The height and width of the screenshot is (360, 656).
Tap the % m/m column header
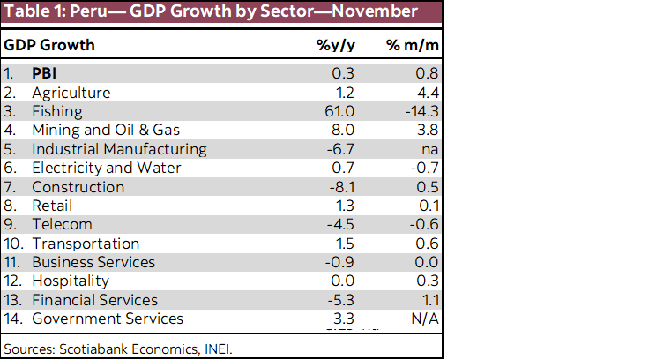[412, 45]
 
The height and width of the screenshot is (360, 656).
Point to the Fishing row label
[56, 111]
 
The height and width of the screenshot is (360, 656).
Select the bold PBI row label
[44, 73]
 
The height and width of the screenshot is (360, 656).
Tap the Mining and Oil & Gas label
[100, 130]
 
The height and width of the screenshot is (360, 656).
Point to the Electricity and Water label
[107, 168]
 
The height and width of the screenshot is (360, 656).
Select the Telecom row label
[62, 224]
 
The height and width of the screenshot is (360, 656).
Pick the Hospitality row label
[71, 281]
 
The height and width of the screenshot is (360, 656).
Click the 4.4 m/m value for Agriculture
[428, 92]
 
